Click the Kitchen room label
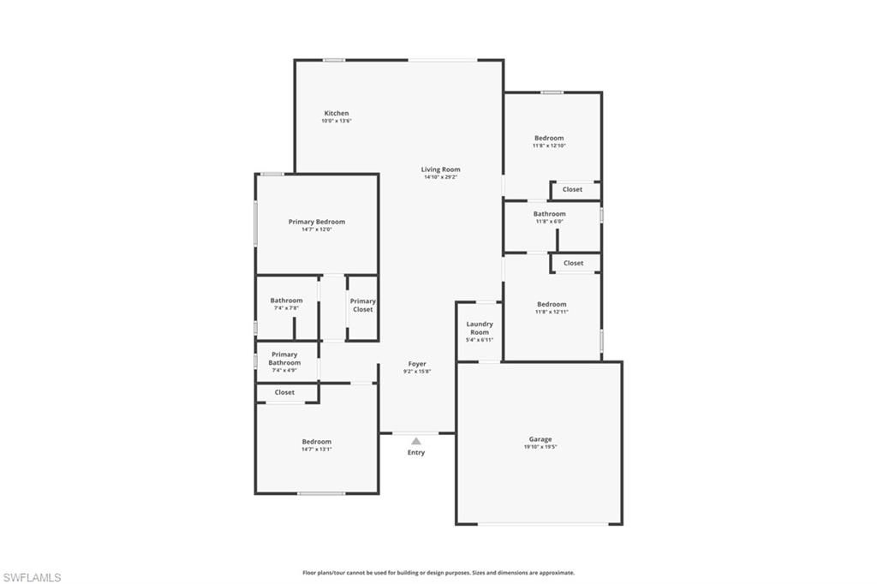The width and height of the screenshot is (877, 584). click(x=337, y=113)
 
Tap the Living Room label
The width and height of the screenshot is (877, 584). click(x=440, y=170)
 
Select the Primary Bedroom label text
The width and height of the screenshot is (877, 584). click(x=316, y=222)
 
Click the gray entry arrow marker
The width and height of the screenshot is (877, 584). click(x=416, y=441)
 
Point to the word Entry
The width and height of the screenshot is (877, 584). click(x=416, y=452)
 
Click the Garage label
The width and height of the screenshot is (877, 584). click(x=540, y=439)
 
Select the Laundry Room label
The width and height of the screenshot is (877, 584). click(x=480, y=328)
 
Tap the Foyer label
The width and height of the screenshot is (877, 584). click(x=417, y=364)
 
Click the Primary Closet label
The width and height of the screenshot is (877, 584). click(x=363, y=305)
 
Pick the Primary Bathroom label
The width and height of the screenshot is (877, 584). click(x=284, y=358)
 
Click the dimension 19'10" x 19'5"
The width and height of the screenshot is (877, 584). click(x=540, y=447)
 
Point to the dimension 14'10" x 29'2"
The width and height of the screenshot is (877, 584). click(x=440, y=177)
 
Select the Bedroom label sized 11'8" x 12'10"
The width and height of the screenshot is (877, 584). click(x=549, y=138)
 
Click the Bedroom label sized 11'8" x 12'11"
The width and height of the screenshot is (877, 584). click(x=552, y=304)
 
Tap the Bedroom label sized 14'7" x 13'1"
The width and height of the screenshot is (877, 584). click(x=316, y=441)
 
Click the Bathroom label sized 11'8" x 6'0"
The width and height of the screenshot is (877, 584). click(x=549, y=213)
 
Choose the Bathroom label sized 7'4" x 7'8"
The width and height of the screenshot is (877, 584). click(x=286, y=301)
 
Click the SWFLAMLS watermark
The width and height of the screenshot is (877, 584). click(x=32, y=577)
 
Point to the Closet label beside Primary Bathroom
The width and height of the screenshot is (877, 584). click(x=284, y=392)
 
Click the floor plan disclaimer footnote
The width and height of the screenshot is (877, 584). click(x=438, y=573)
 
